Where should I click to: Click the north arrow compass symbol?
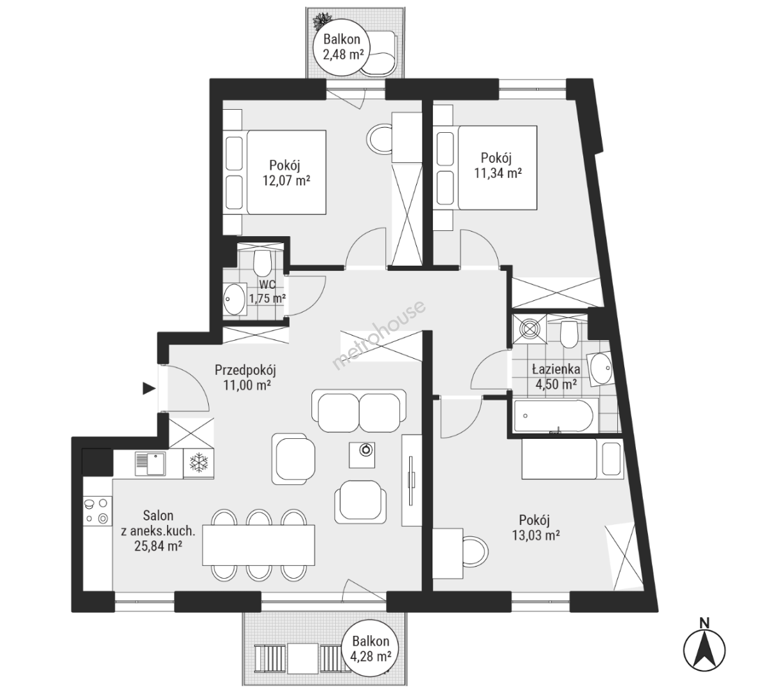pyautogui.click(x=704, y=648)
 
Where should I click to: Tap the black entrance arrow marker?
pyautogui.click(x=149, y=388)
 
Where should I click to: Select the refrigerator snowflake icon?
pyautogui.click(x=198, y=463)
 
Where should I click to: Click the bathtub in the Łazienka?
pyautogui.click(x=553, y=416)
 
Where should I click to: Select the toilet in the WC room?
pyautogui.click(x=263, y=262)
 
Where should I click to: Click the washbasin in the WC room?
pyautogui.click(x=234, y=299)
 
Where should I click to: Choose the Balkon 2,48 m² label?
pyautogui.click(x=344, y=47)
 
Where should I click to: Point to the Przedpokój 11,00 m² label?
pyautogui.click(x=246, y=378)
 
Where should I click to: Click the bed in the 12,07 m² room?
pyautogui.click(x=275, y=172)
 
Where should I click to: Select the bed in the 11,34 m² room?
pyautogui.click(x=487, y=168)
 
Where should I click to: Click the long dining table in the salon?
pyautogui.click(x=259, y=545)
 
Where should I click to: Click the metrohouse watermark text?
pyautogui.click(x=379, y=334)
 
